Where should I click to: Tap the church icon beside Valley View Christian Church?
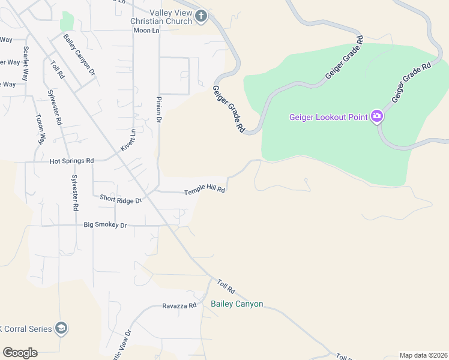(x=201, y=16)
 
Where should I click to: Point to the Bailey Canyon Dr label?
(x=80, y=54)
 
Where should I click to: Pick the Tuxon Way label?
(x=40, y=130)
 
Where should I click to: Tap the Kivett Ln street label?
(x=128, y=140)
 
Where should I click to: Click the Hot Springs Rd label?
(x=72, y=161)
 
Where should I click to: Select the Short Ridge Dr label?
(x=121, y=199)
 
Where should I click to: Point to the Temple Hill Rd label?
(x=204, y=189)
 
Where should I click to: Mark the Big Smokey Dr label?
(x=105, y=225)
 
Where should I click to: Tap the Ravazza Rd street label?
(x=179, y=305)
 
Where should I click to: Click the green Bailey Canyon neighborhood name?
(x=237, y=304)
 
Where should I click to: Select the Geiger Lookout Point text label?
(x=328, y=117)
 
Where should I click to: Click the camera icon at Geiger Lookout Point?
(x=377, y=116)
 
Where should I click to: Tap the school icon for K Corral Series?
(x=61, y=328)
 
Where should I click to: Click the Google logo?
(x=20, y=353)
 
